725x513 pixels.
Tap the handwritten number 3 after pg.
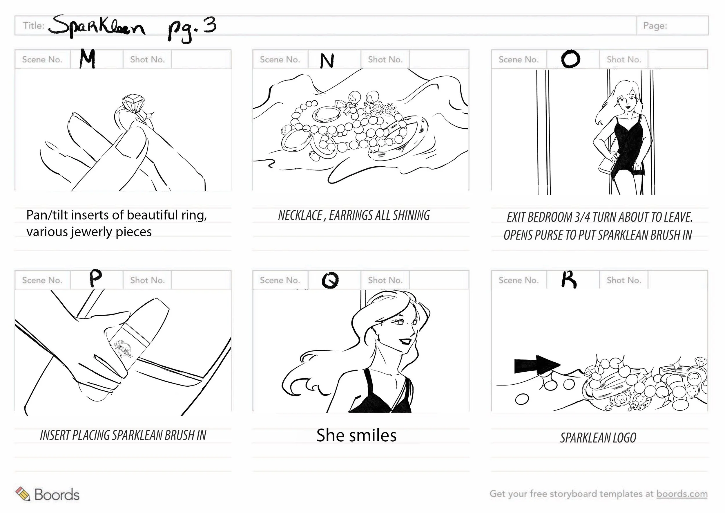point(210,25)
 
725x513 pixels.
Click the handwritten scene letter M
point(88,59)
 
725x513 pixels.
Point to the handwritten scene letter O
point(571,59)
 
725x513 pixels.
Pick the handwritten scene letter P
point(95,278)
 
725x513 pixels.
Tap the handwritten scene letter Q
point(330,280)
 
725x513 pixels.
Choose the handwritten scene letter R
point(569,280)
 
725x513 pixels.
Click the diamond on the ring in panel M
point(133,103)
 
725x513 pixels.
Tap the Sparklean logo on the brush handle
point(124,349)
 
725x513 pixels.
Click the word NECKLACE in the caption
point(300,216)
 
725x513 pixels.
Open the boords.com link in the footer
point(682,494)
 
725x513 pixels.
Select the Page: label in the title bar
point(655,26)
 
